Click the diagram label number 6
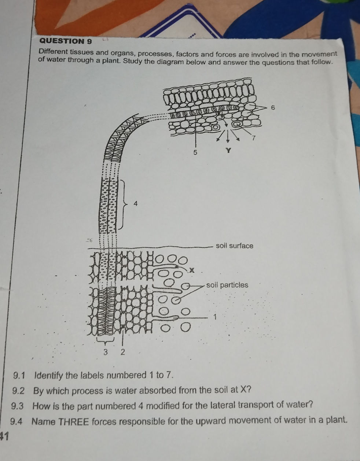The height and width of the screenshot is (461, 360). click(272, 108)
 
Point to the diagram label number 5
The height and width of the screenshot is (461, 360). click(195, 152)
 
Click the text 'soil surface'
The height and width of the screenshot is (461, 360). click(234, 246)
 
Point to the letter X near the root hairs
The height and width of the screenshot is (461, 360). click(191, 270)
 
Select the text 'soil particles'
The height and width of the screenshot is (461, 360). click(227, 285)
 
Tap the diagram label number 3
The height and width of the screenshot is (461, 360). click(106, 353)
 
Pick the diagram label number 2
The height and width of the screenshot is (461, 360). click(122, 353)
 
